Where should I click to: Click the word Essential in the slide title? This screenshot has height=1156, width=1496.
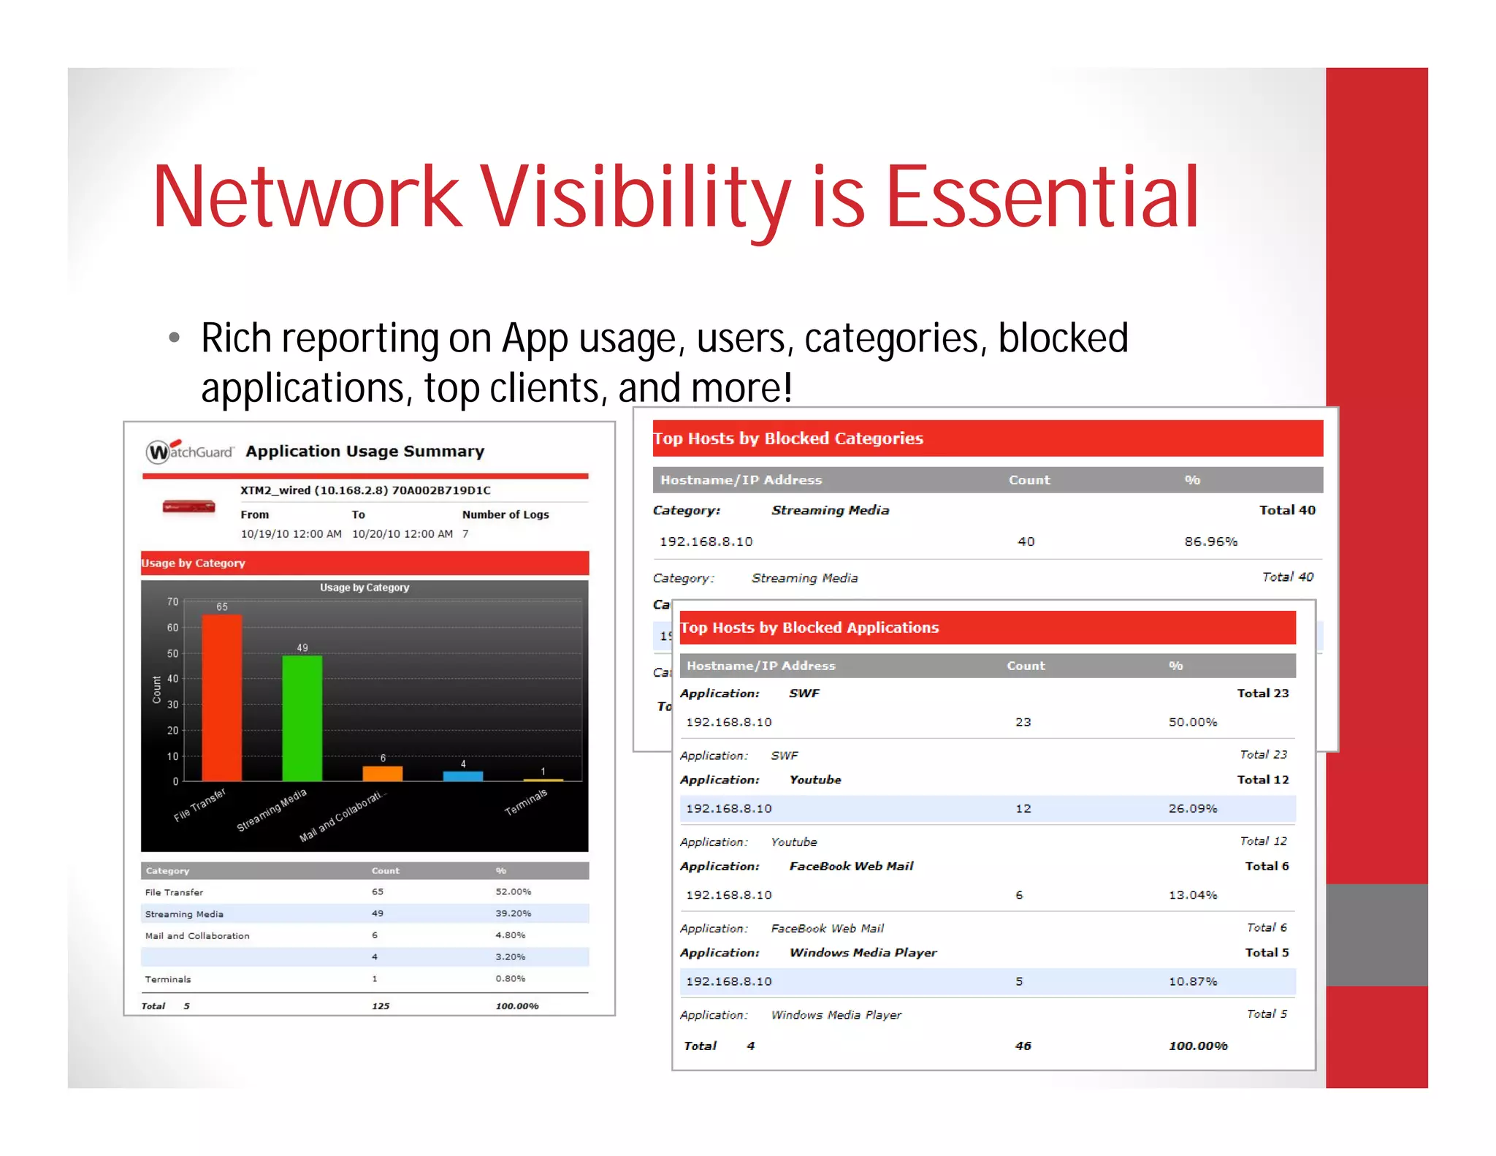pyautogui.click(x=1042, y=196)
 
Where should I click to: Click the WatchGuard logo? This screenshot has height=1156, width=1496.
pyautogui.click(x=189, y=451)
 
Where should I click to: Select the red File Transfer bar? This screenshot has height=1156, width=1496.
pyautogui.click(x=221, y=698)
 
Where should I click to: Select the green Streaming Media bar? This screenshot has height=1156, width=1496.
pyautogui.click(x=302, y=718)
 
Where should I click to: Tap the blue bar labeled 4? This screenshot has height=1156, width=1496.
pyautogui.click(x=462, y=776)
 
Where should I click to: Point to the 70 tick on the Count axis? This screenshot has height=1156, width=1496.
pyautogui.click(x=172, y=601)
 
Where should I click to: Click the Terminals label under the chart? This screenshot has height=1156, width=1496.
pyautogui.click(x=525, y=802)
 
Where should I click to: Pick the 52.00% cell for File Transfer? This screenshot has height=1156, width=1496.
pyautogui.click(x=513, y=891)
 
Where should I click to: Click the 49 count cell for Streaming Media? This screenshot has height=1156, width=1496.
pyautogui.click(x=377, y=913)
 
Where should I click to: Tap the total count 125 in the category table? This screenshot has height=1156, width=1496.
pyautogui.click(x=381, y=1006)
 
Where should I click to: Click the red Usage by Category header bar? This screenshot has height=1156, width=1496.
pyautogui.click(x=365, y=563)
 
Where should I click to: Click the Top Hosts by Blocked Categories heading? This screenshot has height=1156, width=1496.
pyautogui.click(x=788, y=438)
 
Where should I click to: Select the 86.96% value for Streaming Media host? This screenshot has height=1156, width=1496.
pyautogui.click(x=1210, y=541)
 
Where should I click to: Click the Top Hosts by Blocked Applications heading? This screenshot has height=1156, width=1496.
pyautogui.click(x=809, y=628)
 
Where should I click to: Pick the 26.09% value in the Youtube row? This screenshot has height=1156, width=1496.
pyautogui.click(x=1192, y=808)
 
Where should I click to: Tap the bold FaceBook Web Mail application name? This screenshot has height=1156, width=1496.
pyautogui.click(x=851, y=866)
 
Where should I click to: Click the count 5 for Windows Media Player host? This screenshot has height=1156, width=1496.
pyautogui.click(x=1019, y=981)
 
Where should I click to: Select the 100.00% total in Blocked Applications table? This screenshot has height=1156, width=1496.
pyautogui.click(x=1198, y=1046)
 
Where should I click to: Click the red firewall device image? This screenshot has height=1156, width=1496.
pyautogui.click(x=188, y=506)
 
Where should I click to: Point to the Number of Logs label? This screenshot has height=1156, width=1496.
pyautogui.click(x=505, y=514)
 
